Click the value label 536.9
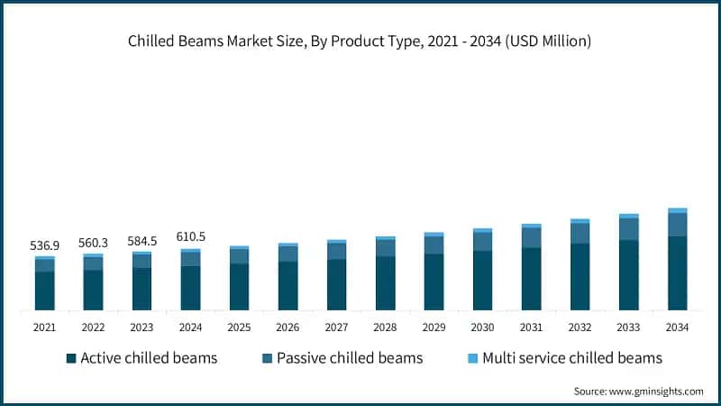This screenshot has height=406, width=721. click(x=44, y=245)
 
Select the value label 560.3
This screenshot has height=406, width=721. click(x=93, y=242)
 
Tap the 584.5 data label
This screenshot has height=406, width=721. click(x=141, y=240)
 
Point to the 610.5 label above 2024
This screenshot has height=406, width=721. click(x=190, y=236)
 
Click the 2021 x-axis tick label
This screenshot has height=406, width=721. click(x=44, y=327)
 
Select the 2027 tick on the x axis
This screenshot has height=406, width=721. click(x=336, y=327)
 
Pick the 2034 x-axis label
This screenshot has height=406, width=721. click(x=677, y=327)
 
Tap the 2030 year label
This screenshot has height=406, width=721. click(x=482, y=327)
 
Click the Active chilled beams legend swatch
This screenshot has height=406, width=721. click(x=71, y=358)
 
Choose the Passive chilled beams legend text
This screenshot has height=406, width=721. click(x=350, y=358)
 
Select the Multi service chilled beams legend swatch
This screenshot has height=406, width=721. click(x=473, y=358)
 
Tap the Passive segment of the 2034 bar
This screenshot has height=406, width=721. click(x=677, y=225)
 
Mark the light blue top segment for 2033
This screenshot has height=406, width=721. click(x=628, y=216)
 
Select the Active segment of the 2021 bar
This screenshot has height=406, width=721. click(x=44, y=291)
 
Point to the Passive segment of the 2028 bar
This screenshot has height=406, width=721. click(x=385, y=248)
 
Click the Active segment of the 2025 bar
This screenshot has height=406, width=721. click(x=239, y=287)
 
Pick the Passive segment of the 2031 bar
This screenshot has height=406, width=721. click(x=531, y=237)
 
